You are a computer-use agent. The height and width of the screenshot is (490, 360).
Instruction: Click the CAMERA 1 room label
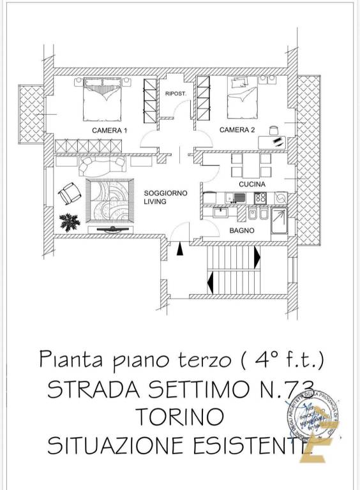109,130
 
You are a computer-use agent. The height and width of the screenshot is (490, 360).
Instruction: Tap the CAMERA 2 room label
237,130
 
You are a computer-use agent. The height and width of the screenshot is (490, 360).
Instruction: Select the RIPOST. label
175,94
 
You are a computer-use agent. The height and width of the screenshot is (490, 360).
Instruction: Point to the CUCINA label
251,184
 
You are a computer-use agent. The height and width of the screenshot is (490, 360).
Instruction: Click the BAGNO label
242,230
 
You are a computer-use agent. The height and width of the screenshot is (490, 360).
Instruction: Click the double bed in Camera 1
102,99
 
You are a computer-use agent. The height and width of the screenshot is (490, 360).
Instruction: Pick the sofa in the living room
101,167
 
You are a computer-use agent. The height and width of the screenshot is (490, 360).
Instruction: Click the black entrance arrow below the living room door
179,250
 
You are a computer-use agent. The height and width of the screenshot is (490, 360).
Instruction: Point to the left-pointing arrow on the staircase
209,279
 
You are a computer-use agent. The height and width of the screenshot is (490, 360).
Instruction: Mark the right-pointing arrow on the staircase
257,258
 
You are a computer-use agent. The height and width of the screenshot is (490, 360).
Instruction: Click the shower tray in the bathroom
278,223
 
